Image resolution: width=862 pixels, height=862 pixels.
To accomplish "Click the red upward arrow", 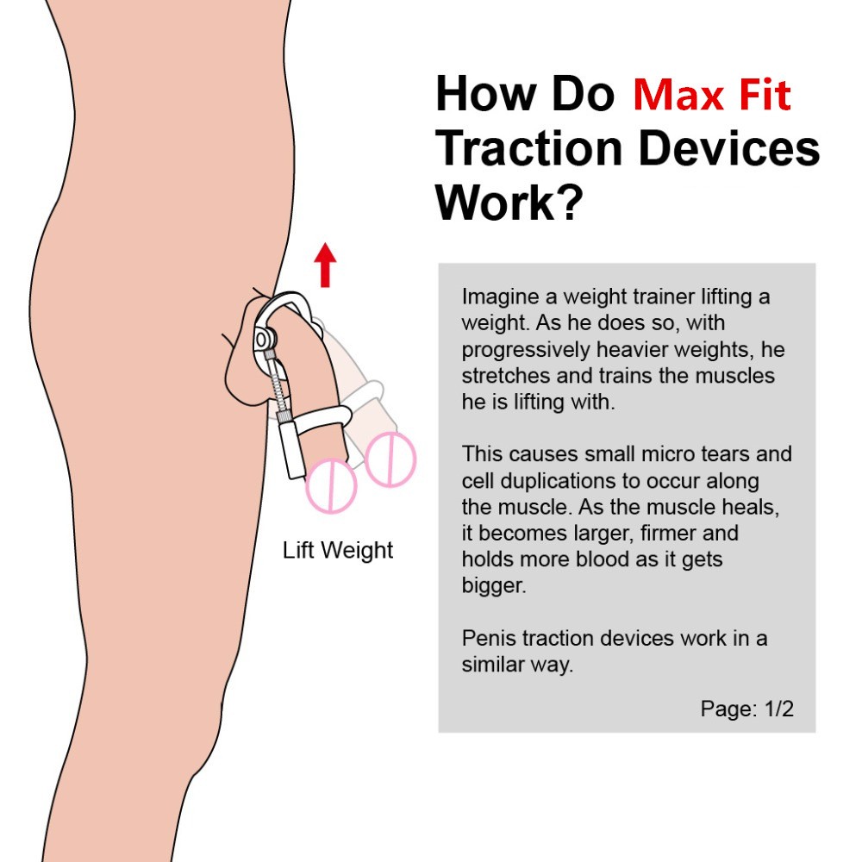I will point(324,265).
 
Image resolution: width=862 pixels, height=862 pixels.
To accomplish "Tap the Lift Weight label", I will point(338,550).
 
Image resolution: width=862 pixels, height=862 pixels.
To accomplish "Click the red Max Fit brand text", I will point(711,95).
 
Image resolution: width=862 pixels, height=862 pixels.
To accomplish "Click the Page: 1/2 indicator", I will point(746,709).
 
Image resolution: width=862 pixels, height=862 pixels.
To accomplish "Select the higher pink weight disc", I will point(390,459).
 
